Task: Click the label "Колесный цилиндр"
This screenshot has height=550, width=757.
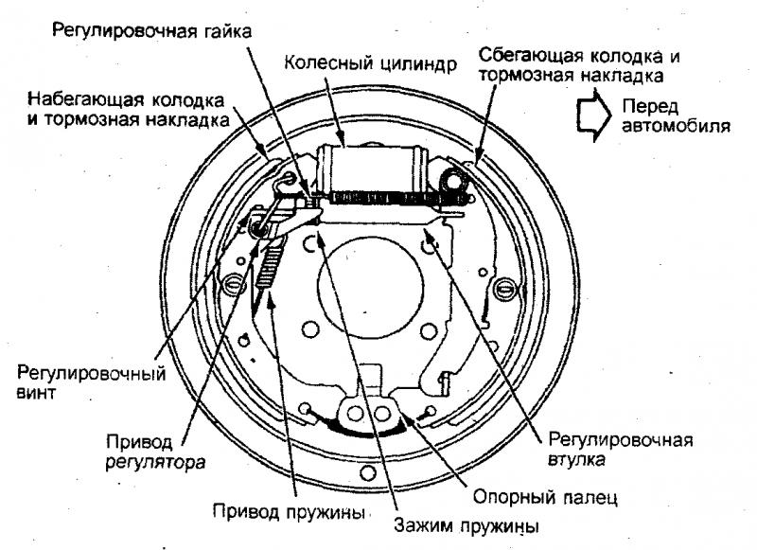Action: pyautogui.click(x=370, y=63)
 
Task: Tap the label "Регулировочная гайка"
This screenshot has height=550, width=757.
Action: pyautogui.click(x=152, y=31)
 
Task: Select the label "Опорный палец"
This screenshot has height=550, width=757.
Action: pyautogui.click(x=545, y=496)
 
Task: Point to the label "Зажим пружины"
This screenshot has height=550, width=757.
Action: pyautogui.click(x=467, y=524)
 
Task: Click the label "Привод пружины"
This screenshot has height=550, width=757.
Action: pyautogui.click(x=290, y=511)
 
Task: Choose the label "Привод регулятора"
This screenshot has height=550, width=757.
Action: pyautogui.click(x=155, y=451)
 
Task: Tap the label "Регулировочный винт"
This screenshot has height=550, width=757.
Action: pyautogui.click(x=91, y=381)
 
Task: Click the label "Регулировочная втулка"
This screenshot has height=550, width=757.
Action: pyautogui.click(x=621, y=449)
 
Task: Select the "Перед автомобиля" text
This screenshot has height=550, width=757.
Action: pyautogui.click(x=676, y=115)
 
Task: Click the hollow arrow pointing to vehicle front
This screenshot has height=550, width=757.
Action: pyautogui.click(x=594, y=115)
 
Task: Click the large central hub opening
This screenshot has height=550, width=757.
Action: pyautogui.click(x=371, y=287)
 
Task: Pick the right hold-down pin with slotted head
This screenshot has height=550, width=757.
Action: pyautogui.click(x=505, y=288)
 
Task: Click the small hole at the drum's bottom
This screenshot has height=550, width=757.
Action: pyautogui.click(x=369, y=471)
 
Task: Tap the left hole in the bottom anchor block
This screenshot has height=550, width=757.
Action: pyautogui.click(x=356, y=414)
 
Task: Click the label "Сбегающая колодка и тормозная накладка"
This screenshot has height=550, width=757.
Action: pyautogui.click(x=579, y=65)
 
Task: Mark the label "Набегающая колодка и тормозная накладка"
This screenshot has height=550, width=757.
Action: pyautogui.click(x=128, y=110)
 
